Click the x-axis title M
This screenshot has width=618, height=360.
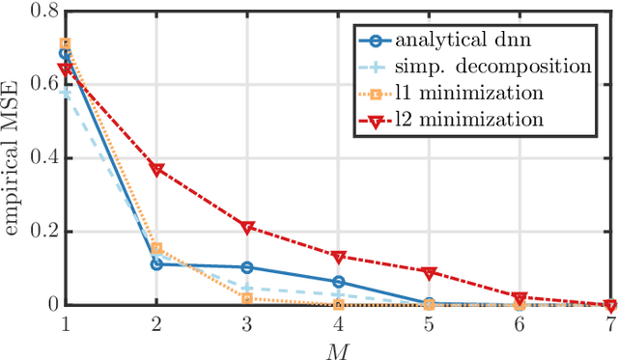click(338, 348)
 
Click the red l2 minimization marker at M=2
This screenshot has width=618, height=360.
click(156, 169)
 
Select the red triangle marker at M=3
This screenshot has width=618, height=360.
click(247, 227)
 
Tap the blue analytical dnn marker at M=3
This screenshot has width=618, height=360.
click(247, 267)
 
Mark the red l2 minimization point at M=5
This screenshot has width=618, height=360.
click(429, 272)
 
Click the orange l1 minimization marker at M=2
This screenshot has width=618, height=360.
click(156, 249)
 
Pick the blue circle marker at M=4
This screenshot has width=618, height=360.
click(338, 282)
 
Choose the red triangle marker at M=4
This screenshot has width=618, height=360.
click(338, 257)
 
